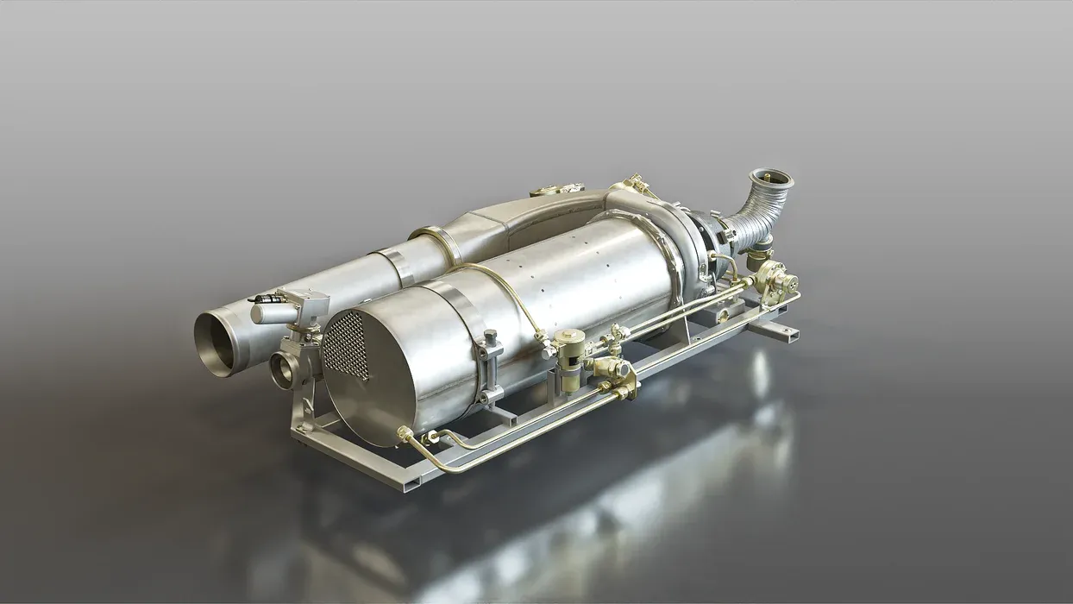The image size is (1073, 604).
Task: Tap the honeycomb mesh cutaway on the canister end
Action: point(346,344)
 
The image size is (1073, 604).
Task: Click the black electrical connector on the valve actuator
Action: point(265,299)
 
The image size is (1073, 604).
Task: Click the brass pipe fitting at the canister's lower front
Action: point(405,432)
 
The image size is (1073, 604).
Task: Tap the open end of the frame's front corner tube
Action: point(400,485)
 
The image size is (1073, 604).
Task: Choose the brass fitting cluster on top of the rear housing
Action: point(636,185)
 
